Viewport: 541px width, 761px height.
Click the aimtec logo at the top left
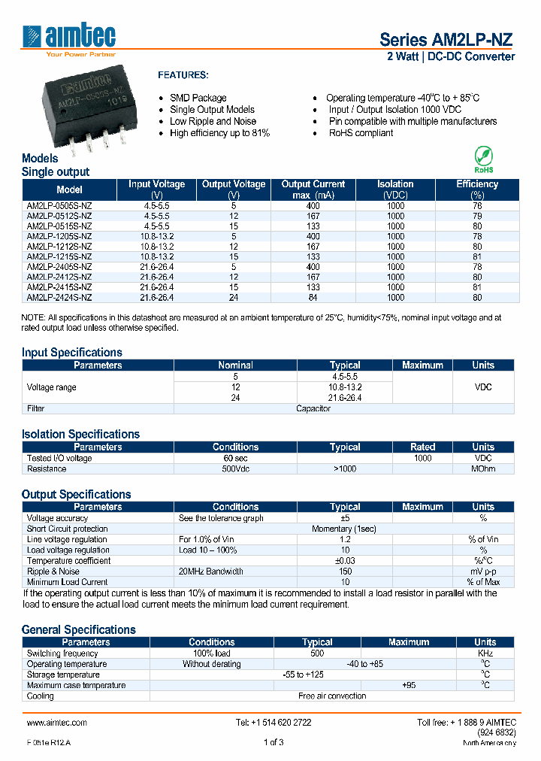[x=69, y=38]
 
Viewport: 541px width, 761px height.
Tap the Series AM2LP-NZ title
[x=447, y=40]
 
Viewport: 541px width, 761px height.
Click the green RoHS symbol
[x=483, y=159]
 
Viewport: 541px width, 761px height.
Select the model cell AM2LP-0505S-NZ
[x=59, y=205]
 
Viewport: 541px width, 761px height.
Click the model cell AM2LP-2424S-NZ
[x=59, y=297]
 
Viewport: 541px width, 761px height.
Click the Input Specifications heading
[x=71, y=352]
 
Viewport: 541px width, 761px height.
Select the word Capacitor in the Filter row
[x=313, y=408]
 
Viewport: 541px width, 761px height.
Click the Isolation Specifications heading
[x=80, y=434]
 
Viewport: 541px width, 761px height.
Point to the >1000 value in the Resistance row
[x=345, y=468]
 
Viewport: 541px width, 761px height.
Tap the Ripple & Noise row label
[x=53, y=572]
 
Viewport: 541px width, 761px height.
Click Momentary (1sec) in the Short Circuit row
[x=344, y=529]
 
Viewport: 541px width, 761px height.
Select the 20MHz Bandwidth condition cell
[x=211, y=572]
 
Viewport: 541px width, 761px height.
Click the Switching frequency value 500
[x=317, y=653]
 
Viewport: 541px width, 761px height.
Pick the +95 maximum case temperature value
[x=408, y=685]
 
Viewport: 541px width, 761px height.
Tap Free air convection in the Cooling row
[x=331, y=696]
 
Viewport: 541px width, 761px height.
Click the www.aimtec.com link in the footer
[x=56, y=722]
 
